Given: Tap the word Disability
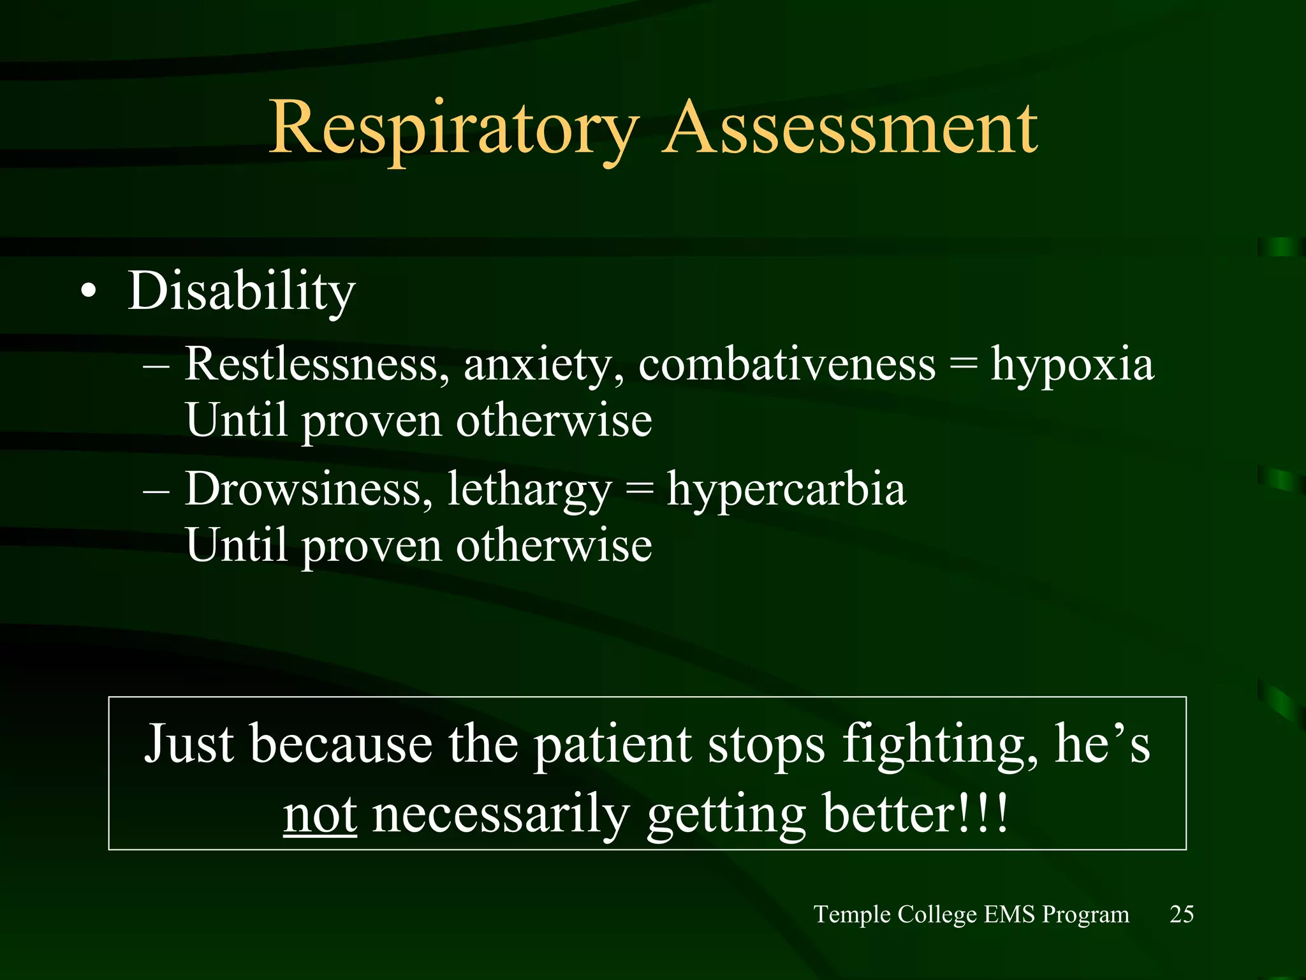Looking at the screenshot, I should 241,292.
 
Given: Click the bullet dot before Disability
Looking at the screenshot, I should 89,292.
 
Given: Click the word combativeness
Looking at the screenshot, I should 787,365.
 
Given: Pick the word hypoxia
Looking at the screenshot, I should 1072,366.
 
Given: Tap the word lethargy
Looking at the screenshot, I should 529,491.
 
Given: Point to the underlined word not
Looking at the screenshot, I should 320,815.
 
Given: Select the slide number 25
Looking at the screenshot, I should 1181,914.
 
